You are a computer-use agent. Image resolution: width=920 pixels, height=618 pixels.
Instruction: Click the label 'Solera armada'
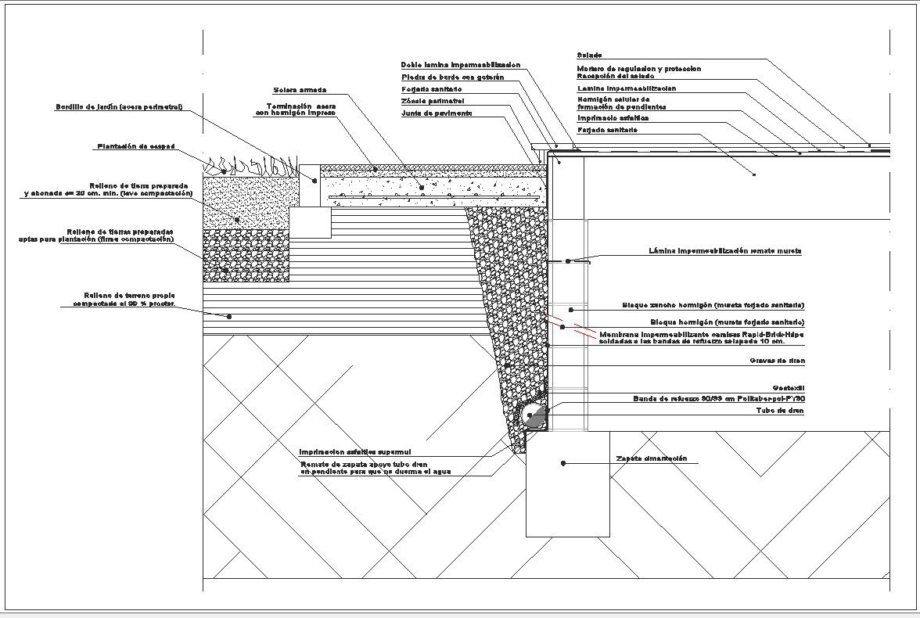click(x=300, y=89)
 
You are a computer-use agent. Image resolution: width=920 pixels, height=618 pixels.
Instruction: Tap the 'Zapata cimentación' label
click(x=651, y=458)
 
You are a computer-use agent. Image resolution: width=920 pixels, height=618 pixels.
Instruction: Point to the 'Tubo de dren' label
click(x=780, y=410)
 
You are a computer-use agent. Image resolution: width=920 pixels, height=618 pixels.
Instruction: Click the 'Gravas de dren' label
click(x=777, y=361)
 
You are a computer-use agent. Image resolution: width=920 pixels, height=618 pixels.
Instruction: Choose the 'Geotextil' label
click(x=789, y=387)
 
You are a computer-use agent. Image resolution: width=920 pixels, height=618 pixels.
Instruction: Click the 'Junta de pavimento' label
click(x=437, y=113)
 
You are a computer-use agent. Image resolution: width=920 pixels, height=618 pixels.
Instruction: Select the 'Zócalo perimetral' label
click(x=433, y=101)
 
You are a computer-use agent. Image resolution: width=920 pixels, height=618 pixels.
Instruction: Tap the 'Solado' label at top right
click(x=589, y=56)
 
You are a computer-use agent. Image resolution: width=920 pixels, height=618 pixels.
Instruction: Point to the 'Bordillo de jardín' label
click(x=119, y=107)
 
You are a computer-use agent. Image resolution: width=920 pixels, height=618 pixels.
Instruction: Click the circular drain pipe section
click(x=534, y=417)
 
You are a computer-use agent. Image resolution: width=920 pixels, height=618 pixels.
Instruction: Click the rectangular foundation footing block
click(x=567, y=493)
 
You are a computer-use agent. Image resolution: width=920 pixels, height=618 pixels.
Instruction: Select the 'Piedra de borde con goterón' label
click(x=452, y=77)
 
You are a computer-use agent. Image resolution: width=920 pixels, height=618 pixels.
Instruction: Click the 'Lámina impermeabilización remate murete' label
click(x=725, y=251)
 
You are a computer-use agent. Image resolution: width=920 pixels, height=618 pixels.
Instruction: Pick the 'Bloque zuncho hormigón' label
click(x=713, y=304)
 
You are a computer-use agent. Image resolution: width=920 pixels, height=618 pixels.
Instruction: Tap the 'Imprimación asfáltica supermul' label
click(x=355, y=451)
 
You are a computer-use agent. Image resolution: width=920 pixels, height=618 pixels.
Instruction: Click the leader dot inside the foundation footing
click(x=562, y=464)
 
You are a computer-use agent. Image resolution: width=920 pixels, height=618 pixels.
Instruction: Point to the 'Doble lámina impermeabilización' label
click(x=460, y=65)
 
